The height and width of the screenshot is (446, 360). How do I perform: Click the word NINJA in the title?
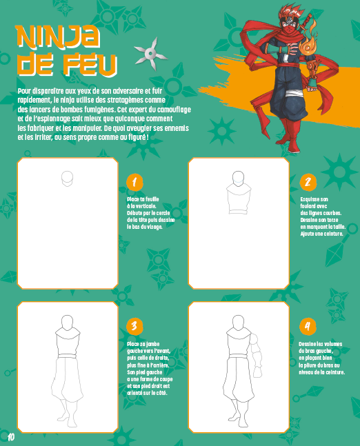pos(58,37)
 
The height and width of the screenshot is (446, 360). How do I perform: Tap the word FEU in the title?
pos(90,65)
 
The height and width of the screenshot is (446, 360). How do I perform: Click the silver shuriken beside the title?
pos(150,54)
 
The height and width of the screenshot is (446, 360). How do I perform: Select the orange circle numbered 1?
pos(134,182)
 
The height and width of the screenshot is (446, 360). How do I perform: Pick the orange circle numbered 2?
pos(308,182)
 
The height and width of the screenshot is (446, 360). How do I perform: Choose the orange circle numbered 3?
pos(134,326)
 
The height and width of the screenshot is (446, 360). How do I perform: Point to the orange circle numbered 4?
pos(308,326)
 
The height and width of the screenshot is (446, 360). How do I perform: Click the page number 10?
pos(11,437)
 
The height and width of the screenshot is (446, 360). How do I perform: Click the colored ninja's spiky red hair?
pos(291,12)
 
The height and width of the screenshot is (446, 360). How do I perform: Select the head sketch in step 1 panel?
pos(67,179)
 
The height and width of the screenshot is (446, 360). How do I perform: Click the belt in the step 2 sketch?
pos(239,212)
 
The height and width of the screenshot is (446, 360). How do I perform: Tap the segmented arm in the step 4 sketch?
pos(256,356)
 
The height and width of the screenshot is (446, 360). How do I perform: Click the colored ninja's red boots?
pos(290,134)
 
